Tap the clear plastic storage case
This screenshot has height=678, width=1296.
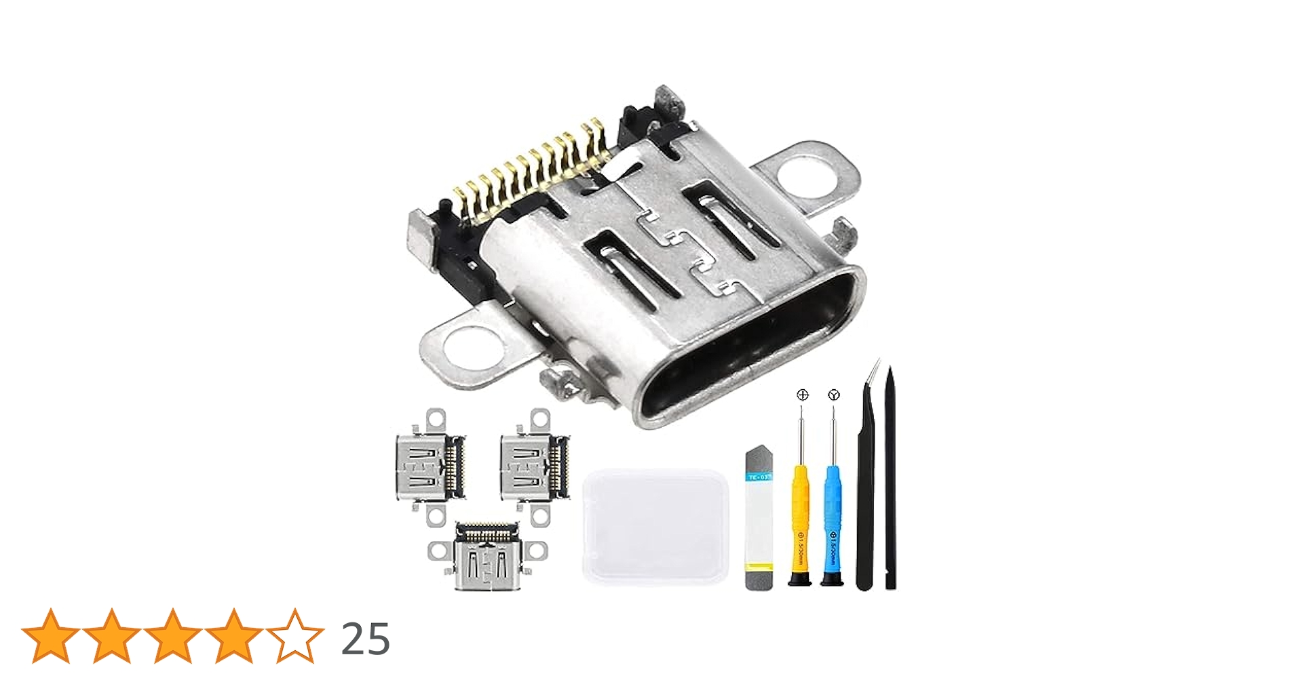coord(655,525)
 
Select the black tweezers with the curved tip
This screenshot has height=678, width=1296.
coord(866,488)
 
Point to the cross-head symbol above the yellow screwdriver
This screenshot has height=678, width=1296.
coord(803,395)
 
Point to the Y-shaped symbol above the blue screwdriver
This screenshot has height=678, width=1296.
coord(834,395)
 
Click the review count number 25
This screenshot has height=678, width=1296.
coord(365,639)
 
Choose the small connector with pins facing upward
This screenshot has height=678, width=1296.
coord(487,556)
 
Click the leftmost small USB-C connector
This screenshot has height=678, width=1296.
coord(430,467)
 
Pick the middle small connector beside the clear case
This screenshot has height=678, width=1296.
coord(534,467)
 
